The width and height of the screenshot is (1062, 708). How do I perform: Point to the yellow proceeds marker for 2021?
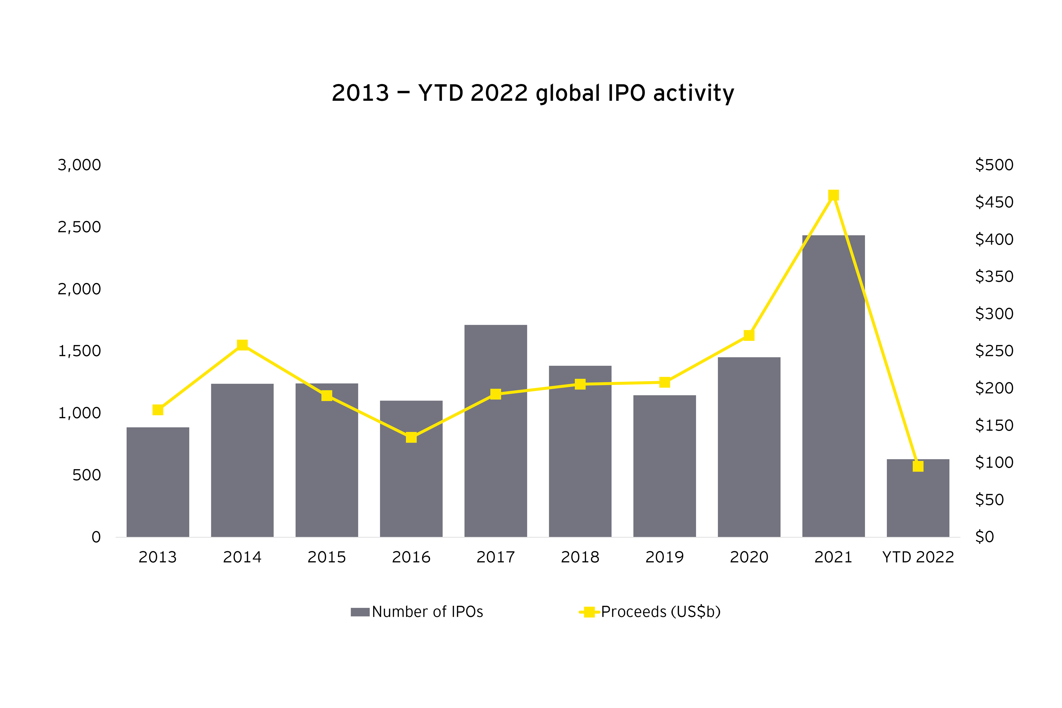[x=834, y=195]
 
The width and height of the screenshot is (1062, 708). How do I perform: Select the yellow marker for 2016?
[x=411, y=437]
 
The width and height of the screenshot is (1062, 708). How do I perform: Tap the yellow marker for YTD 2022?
[x=918, y=466]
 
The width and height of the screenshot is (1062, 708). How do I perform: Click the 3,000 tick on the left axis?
[x=79, y=165]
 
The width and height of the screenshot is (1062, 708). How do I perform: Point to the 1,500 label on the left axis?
[x=79, y=351]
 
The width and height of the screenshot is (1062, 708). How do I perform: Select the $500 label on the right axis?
[x=994, y=165]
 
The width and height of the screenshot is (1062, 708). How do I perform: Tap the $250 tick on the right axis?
[x=994, y=351]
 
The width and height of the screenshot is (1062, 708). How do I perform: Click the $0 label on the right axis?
[x=985, y=537]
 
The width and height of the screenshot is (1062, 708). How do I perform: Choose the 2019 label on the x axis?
[x=664, y=557]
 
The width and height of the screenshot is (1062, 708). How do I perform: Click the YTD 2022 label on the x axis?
[x=918, y=557]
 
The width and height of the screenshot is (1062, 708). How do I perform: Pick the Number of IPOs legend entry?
[x=417, y=612]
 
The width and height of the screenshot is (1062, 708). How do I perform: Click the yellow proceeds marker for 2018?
[x=580, y=384]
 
